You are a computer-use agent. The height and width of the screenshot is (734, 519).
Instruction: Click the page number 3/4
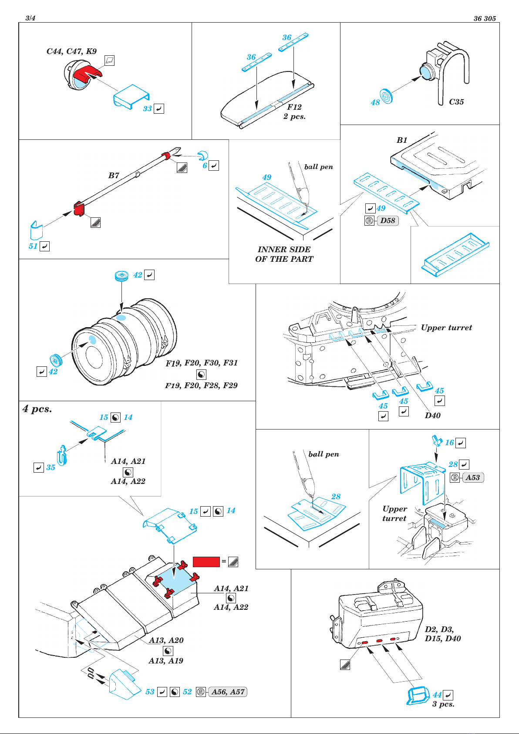pyautogui.click(x=30, y=18)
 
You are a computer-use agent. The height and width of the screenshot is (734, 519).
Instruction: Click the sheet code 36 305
pyautogui.click(x=485, y=19)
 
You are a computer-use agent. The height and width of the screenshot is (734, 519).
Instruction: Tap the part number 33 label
pyautogui.click(x=147, y=109)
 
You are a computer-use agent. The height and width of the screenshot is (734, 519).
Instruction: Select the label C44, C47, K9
pyautogui.click(x=72, y=51)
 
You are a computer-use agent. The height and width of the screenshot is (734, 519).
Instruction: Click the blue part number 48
pyautogui.click(x=375, y=102)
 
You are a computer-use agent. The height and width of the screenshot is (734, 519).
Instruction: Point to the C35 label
pyautogui.click(x=456, y=102)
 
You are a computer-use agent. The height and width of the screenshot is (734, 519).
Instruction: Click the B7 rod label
pyautogui.click(x=114, y=176)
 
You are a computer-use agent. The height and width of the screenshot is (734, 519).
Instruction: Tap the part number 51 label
pyautogui.click(x=33, y=246)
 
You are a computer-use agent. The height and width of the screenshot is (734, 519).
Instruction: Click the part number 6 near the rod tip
pyautogui.click(x=205, y=166)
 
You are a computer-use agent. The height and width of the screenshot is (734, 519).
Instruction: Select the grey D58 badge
pyautogui.click(x=388, y=220)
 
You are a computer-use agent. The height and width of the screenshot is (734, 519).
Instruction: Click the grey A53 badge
pyautogui.click(x=473, y=477)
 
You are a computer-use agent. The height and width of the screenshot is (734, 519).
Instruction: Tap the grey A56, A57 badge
pyautogui.click(x=228, y=692)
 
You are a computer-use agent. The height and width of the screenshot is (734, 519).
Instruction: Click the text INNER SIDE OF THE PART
pyautogui.click(x=284, y=254)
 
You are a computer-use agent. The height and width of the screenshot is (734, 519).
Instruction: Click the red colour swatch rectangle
pyautogui.click(x=206, y=561)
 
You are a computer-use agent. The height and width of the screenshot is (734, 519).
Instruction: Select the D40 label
pyautogui.click(x=432, y=416)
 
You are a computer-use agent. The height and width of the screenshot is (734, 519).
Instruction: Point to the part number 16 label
pyautogui.click(x=449, y=443)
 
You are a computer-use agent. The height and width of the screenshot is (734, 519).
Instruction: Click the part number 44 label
pyautogui.click(x=437, y=695)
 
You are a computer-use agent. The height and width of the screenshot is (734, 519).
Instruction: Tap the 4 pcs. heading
pyautogui.click(x=37, y=409)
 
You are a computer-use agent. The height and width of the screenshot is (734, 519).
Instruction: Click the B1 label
pyautogui.click(x=402, y=140)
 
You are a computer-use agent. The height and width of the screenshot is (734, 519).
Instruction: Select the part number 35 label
pyautogui.click(x=51, y=467)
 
